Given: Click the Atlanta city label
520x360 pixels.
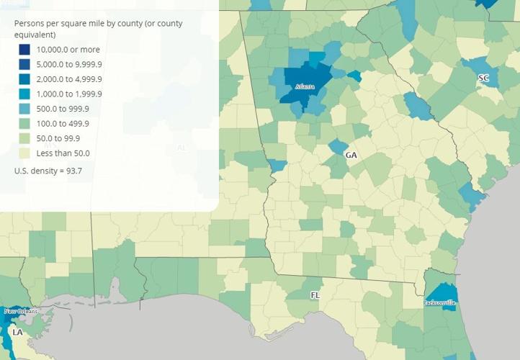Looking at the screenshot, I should point(305,87).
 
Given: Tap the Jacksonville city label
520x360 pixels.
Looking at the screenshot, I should point(439,303).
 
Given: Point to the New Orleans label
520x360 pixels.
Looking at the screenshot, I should point(20,311).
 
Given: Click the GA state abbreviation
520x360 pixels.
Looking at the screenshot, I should point(351,156).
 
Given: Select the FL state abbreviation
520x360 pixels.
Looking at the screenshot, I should point(315,295).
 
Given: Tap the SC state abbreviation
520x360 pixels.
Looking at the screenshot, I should point(483,78).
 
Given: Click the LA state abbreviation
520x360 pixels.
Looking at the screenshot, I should point(18,333).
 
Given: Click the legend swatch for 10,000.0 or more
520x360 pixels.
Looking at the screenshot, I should point(24,50).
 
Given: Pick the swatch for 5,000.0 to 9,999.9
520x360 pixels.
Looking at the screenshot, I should point(24,65).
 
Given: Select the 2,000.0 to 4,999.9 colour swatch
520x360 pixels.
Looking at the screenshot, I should point(24,79).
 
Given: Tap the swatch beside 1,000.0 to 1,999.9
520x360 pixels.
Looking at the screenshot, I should point(24,94).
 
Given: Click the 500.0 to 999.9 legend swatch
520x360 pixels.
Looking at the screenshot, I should point(24,109).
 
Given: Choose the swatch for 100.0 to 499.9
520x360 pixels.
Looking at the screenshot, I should point(24,124).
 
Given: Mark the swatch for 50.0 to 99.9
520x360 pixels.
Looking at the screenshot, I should point(24,138).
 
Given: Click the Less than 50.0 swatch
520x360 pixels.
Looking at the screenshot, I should point(24,153).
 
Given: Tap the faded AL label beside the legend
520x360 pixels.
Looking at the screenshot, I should point(181,148).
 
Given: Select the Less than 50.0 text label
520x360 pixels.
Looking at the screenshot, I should point(65,153).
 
